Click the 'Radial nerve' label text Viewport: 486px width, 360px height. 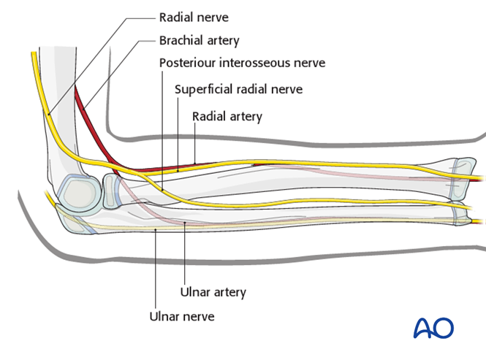coord(194,16)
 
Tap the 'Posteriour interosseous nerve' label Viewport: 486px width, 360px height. coord(242,63)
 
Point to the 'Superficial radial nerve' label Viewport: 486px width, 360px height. coord(238,89)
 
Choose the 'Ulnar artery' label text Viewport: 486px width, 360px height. coord(213,292)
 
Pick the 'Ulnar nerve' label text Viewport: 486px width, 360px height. coord(181,316)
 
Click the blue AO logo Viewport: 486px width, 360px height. coord(433,327)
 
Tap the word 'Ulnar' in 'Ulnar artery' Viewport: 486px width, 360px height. coord(194,292)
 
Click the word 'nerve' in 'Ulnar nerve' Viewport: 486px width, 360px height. coord(198,316)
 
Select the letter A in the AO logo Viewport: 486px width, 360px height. coord(423,328)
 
